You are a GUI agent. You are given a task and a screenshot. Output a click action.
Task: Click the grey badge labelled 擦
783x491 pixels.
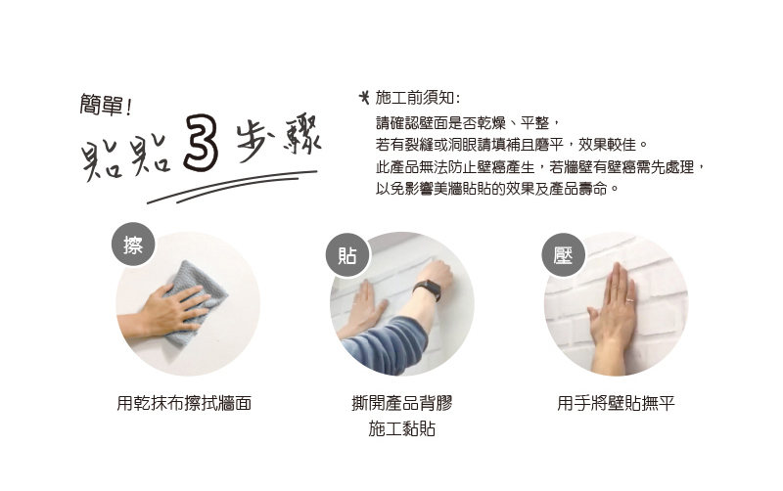point(133,244)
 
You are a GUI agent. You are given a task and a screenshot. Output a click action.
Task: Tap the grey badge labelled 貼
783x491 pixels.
point(347,255)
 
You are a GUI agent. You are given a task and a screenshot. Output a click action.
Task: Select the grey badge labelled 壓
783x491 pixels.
point(564,255)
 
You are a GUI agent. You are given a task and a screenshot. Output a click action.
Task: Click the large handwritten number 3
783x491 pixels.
point(201,143)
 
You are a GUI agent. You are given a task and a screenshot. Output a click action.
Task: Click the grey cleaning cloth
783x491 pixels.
point(196,303)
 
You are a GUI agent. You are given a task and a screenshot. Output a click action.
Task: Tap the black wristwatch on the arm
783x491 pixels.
point(428,290)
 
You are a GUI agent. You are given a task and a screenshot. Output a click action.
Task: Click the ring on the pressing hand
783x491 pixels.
point(630,300)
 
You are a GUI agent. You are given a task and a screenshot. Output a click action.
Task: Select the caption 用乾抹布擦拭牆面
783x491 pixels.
point(184,403)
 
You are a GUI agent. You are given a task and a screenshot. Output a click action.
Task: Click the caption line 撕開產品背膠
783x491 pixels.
point(402,403)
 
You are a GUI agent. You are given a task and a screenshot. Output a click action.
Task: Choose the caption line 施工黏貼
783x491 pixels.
point(402,428)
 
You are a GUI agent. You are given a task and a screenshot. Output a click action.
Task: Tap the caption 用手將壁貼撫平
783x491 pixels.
point(616,403)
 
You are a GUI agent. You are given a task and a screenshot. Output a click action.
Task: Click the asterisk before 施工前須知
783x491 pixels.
point(365,97)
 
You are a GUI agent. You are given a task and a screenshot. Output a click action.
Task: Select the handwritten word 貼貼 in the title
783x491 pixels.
point(126,156)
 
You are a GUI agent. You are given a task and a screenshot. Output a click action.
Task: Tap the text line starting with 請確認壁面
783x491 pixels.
point(469,123)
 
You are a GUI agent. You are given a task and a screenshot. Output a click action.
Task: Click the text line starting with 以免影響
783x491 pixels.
point(497,189)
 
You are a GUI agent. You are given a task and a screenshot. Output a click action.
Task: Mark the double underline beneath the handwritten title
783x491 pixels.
point(232,187)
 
